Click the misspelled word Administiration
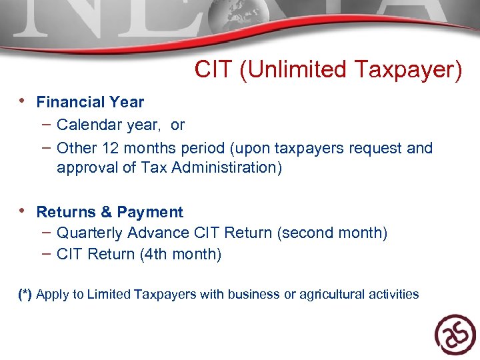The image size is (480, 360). tap(227, 167)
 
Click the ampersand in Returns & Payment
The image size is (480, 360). tap(105, 212)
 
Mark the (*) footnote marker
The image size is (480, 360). tap(25, 294)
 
